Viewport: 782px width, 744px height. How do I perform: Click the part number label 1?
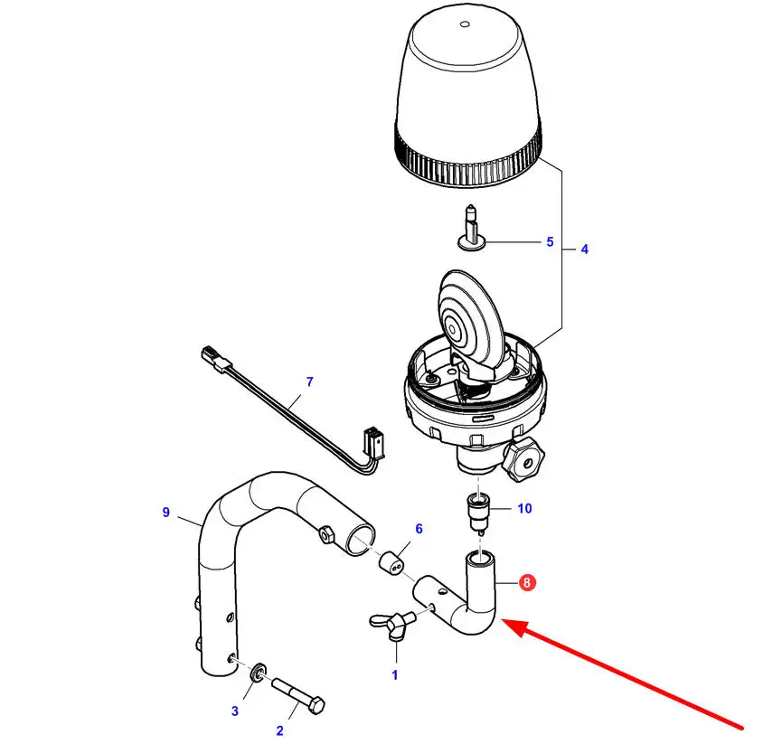point(394,673)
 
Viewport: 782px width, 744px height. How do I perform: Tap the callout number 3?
point(234,711)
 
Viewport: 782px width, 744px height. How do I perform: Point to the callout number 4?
point(584,249)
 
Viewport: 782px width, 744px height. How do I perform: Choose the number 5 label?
point(549,242)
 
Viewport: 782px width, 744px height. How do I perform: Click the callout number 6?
point(419,528)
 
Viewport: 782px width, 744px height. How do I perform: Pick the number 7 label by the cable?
point(309,381)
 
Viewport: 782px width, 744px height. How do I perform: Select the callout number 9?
point(166,513)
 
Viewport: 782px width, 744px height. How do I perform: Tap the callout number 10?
point(524,508)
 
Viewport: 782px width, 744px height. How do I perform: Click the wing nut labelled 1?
point(391,624)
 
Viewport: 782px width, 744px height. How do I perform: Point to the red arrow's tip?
point(503,622)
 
